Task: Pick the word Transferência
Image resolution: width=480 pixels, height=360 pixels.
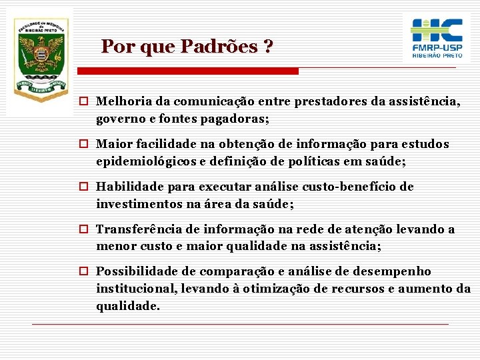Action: coord(138,229)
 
